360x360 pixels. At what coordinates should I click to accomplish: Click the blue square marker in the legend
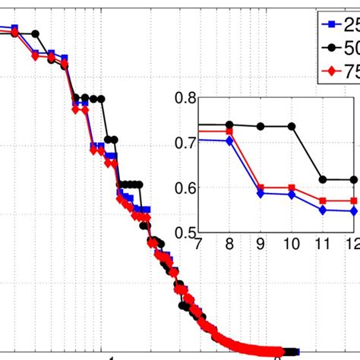coord(329,24)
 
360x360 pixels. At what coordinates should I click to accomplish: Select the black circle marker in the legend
coord(329,49)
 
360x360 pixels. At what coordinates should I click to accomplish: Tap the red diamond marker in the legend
coord(329,73)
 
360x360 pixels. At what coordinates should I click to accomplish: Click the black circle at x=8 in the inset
coord(230,125)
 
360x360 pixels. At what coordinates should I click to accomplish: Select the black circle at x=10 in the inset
coord(292,126)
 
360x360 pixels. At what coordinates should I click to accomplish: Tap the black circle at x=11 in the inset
coord(323,179)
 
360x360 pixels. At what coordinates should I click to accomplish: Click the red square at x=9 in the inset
coord(261,188)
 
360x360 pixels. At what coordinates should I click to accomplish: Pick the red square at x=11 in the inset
coord(323,201)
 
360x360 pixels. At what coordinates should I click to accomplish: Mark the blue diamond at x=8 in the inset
coord(230,141)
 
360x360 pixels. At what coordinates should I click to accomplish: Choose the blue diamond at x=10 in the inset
coord(292,194)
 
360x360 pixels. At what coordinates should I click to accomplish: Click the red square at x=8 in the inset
coord(230,132)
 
